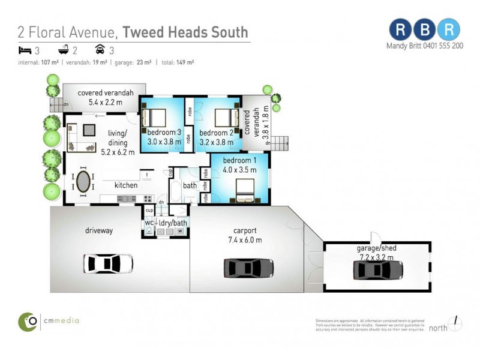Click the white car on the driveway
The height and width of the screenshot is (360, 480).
[108, 263]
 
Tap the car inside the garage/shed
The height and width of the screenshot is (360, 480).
[377, 270]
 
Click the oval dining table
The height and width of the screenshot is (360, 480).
[84, 181]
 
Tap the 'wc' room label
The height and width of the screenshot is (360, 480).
[148, 223]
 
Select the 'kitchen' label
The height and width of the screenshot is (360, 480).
[126, 185]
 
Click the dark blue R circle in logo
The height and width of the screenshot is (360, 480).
[400, 29]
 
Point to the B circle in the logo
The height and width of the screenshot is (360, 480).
[425, 29]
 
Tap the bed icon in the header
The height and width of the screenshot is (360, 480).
[24, 50]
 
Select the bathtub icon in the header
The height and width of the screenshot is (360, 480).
[62, 50]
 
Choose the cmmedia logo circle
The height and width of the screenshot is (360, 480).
[28, 322]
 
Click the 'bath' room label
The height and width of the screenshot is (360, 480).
[190, 185]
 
